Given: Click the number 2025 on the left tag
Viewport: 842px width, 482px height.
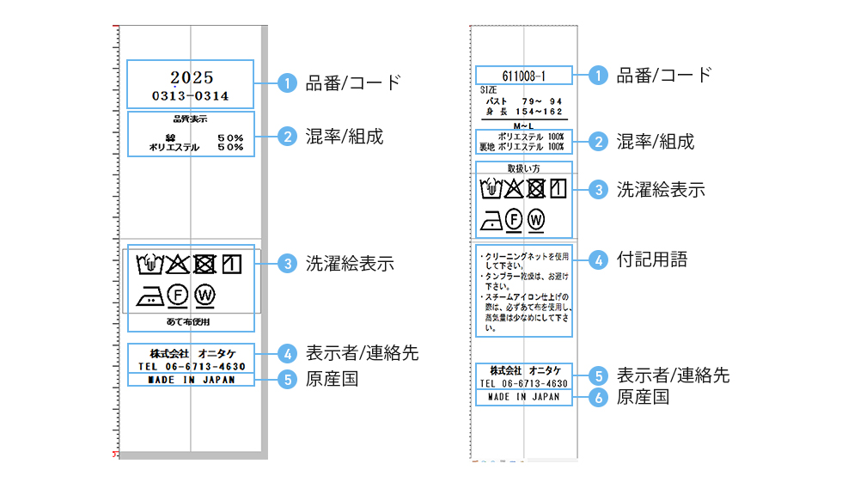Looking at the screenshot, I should pyautogui.click(x=191, y=78).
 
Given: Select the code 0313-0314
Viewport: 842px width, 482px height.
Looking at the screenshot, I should pyautogui.click(x=191, y=95).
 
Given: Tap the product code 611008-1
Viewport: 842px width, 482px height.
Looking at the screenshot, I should pyautogui.click(x=523, y=76).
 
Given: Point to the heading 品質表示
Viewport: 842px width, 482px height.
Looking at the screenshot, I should pyautogui.click(x=191, y=119).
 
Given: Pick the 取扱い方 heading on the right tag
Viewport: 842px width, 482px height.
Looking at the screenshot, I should pyautogui.click(x=523, y=168).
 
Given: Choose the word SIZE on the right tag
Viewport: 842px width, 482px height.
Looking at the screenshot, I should pyautogui.click(x=487, y=90).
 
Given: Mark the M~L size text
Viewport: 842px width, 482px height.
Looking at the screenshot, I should pyautogui.click(x=523, y=125).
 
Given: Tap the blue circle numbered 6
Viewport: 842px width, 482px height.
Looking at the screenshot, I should pyautogui.click(x=599, y=397).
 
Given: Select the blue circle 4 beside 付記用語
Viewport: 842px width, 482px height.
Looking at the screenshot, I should pyautogui.click(x=599, y=259).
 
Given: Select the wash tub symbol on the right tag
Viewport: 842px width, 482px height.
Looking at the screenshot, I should pyautogui.click(x=491, y=188).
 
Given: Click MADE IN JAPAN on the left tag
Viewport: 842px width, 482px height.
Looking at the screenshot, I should pyautogui.click(x=191, y=379).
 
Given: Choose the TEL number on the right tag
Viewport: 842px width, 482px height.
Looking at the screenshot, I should pyautogui.click(x=523, y=383).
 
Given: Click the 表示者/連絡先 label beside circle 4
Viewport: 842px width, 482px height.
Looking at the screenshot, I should pyautogui.click(x=362, y=353).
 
